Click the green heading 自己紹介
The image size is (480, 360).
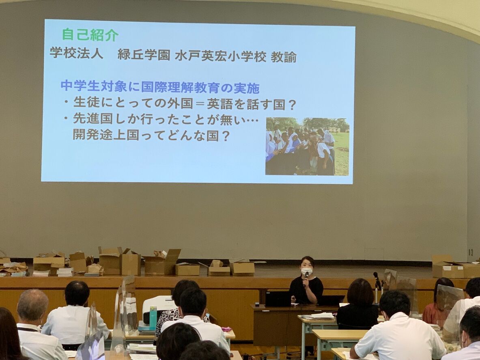(90, 34)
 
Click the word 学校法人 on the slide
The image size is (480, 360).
(76, 53)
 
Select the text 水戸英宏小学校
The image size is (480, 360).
(221, 56)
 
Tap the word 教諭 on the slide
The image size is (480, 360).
(284, 57)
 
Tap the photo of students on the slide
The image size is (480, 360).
(307, 147)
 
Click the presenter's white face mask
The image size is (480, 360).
(307, 271)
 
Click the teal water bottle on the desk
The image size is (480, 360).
(153, 318)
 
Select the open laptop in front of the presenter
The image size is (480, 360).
(278, 299)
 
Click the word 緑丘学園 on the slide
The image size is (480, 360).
(143, 54)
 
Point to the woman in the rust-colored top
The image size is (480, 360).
(438, 302)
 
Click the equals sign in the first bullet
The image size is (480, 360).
(200, 104)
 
